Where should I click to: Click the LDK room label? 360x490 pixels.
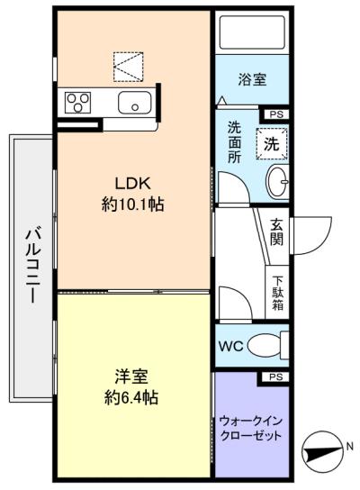(x=133, y=184)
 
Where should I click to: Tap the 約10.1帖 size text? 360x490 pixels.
(x=132, y=205)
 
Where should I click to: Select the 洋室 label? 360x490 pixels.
(x=131, y=377)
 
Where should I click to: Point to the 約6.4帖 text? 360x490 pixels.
(x=131, y=398)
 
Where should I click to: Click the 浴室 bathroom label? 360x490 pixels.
(x=252, y=79)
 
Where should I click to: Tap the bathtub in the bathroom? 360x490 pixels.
(x=252, y=32)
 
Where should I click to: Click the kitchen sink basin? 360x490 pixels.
(x=135, y=103)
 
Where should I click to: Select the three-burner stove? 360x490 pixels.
(x=77, y=103)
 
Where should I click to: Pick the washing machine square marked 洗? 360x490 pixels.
(x=272, y=144)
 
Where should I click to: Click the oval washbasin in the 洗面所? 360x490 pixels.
(x=277, y=182)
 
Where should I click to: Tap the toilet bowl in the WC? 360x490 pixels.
(x=265, y=346)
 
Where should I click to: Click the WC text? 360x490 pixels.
(x=231, y=346)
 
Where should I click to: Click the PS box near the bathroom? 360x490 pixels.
(x=276, y=114)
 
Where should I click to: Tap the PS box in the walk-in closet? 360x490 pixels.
(x=276, y=377)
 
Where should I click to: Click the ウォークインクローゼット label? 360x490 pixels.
(x=251, y=429)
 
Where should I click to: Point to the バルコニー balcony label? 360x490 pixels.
(x=32, y=266)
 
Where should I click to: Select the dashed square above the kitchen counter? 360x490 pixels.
(x=129, y=67)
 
